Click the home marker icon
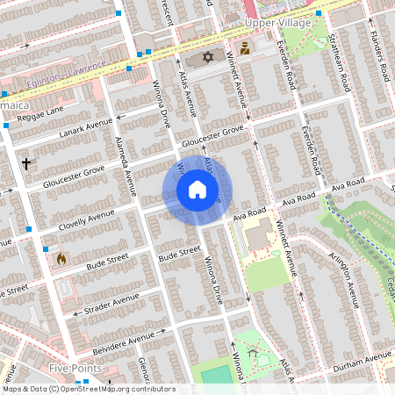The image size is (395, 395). pyautogui.click(x=197, y=190)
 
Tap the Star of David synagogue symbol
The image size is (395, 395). pyautogui.click(x=208, y=57)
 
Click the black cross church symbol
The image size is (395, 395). pyautogui.click(x=26, y=163)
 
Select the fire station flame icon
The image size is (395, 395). pyautogui.click(x=61, y=259)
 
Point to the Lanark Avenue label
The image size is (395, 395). pyautogui.click(x=86, y=128)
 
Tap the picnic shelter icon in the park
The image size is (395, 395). pyautogui.click(x=253, y=353)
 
